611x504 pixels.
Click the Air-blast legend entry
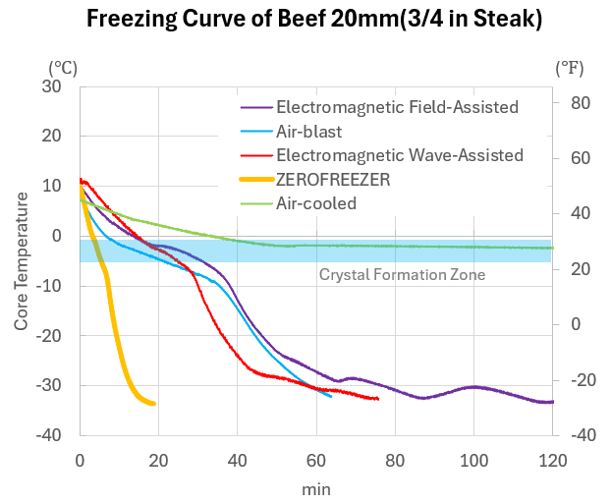click(x=308, y=130)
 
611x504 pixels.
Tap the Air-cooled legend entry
click(x=316, y=203)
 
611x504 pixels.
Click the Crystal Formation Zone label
click(x=402, y=275)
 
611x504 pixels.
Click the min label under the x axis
click(x=315, y=488)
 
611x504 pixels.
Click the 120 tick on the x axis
click(x=552, y=458)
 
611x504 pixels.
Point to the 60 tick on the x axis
click(x=316, y=458)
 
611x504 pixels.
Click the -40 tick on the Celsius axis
click(x=48, y=434)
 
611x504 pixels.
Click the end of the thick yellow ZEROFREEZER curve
click(x=154, y=404)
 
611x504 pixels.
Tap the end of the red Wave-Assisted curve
click(x=378, y=398)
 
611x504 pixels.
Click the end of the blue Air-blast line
click(x=331, y=396)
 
